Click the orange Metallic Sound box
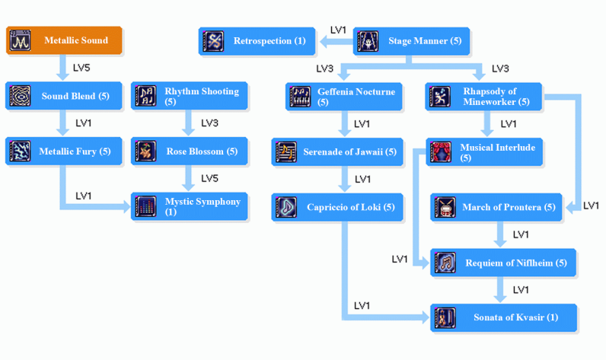coord(64,40)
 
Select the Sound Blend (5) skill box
coord(64,97)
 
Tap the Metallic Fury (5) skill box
coord(64,151)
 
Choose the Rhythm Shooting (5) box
coord(189,96)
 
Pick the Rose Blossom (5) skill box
coord(189,151)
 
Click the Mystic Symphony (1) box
coord(189,206)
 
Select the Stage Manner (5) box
coord(411,41)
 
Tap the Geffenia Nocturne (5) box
coord(344,97)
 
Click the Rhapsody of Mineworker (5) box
coord(483,97)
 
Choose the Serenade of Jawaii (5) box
coord(337,152)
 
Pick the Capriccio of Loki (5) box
coord(337,207)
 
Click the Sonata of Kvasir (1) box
coord(503,317)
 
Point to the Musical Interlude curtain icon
coord(440,152)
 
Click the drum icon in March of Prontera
coord(445,208)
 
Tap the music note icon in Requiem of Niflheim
coord(445,263)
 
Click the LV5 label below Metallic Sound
coord(81,68)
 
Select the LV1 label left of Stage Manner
coord(338,30)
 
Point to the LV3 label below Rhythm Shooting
coord(209,123)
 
